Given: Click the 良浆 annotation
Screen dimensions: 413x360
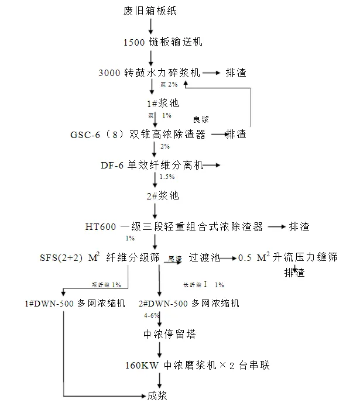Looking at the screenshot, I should [200, 119].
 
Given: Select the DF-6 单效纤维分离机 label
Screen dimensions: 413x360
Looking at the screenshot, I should [152, 166].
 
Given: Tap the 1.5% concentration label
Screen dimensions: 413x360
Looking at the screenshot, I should [167, 177].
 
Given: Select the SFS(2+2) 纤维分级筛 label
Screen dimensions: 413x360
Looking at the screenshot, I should [94, 257].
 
